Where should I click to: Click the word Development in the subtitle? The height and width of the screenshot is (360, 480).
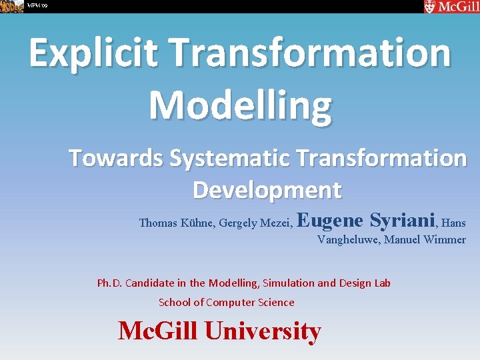(x=267, y=190)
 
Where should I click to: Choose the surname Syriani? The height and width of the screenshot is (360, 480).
(x=401, y=221)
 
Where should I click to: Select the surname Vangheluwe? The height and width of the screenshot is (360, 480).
(x=349, y=240)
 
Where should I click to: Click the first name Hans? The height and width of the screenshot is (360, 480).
(x=453, y=223)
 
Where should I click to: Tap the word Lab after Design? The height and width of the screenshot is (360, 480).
(x=381, y=283)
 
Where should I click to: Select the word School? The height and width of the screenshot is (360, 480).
(x=174, y=303)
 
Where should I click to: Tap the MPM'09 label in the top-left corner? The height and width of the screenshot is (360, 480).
(x=37, y=6)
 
